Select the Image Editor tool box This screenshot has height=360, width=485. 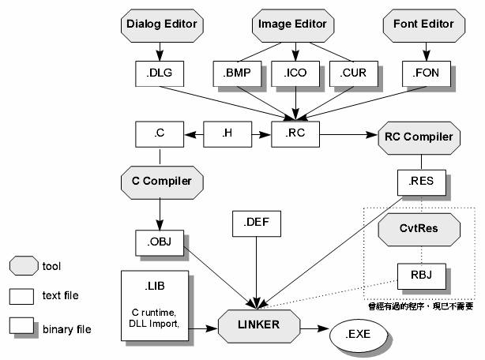pos(292,24)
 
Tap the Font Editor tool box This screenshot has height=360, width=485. pos(423,24)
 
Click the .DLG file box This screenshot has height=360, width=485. pos(160,73)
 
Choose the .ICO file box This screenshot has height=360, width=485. pos(292,73)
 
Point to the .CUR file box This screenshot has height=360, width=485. pos(349,73)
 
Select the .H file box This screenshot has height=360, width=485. pos(226,133)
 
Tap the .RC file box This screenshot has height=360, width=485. pos(294,133)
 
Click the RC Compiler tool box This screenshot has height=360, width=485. pos(419,137)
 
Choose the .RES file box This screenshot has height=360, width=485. pos(419,182)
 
